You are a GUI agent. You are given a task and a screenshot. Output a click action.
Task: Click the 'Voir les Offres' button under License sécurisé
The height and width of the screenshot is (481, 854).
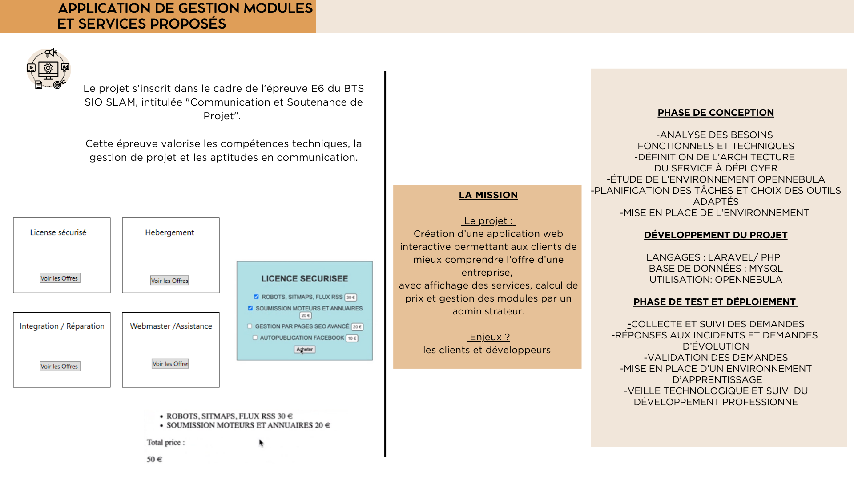click(60, 278)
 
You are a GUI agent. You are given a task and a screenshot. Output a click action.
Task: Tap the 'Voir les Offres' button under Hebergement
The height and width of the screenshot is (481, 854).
click(169, 281)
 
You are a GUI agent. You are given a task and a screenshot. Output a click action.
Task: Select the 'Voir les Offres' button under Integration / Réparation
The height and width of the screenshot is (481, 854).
click(60, 366)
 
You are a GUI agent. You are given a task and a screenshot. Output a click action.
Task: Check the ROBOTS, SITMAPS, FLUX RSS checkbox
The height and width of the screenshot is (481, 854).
click(256, 297)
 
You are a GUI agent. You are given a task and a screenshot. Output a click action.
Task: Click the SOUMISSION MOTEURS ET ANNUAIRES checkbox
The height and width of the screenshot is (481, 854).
click(250, 308)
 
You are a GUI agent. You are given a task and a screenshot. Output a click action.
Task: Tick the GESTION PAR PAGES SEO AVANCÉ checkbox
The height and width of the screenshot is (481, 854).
click(250, 326)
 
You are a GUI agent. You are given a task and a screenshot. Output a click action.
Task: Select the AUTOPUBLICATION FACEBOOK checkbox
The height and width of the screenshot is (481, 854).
click(255, 338)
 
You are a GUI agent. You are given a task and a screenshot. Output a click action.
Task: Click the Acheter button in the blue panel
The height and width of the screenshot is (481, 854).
click(305, 350)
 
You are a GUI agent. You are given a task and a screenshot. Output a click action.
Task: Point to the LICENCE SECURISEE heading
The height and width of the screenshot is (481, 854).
click(305, 279)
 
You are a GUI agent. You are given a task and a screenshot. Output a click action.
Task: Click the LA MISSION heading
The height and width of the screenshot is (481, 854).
click(488, 195)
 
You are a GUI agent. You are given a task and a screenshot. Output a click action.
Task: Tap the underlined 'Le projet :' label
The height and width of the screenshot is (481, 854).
click(488, 221)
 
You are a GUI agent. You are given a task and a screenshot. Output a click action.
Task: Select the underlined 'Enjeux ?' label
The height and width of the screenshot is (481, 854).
click(488, 337)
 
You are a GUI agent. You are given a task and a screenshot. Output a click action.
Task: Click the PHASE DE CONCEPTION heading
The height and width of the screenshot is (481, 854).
click(716, 113)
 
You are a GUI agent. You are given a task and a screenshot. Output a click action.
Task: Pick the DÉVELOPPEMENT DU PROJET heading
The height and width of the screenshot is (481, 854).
click(716, 235)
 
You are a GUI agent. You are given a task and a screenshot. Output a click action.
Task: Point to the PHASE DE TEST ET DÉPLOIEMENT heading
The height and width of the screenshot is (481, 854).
click(716, 302)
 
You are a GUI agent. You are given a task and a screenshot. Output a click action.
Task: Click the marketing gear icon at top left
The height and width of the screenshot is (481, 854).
click(48, 69)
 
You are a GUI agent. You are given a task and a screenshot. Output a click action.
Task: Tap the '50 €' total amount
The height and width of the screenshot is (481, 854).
click(154, 459)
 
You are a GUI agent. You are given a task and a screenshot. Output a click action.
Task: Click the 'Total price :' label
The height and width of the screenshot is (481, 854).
click(165, 442)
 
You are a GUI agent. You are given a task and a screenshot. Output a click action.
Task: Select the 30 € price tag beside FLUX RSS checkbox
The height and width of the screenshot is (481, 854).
click(351, 298)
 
